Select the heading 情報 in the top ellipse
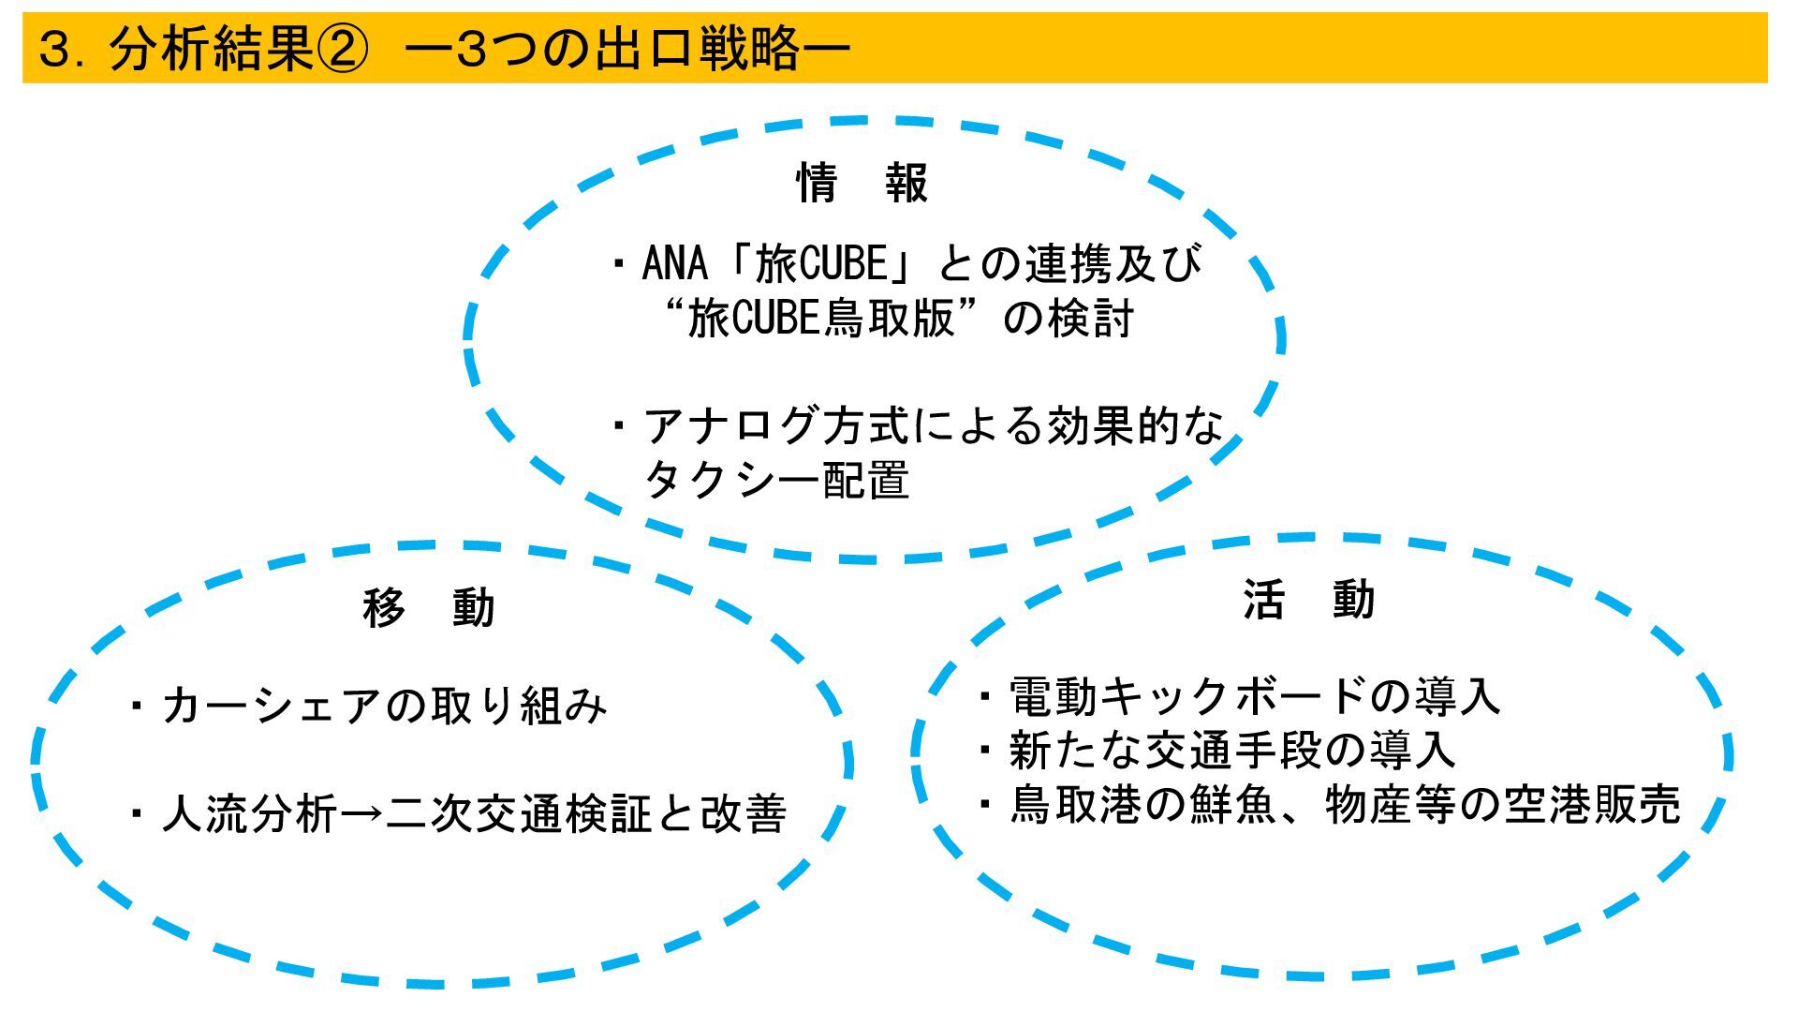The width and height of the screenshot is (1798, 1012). [x=862, y=183]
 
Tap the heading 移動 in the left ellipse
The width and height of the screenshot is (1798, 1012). [x=428, y=608]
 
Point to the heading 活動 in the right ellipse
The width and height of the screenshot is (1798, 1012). [x=1308, y=600]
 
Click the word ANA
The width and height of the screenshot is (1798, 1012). [x=674, y=264]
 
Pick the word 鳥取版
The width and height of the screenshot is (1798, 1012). [x=891, y=319]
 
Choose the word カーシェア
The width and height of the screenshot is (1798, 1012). [x=273, y=706]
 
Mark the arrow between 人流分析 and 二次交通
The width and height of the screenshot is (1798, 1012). [x=361, y=813]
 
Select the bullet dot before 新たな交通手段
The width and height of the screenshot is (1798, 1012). [x=985, y=751]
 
